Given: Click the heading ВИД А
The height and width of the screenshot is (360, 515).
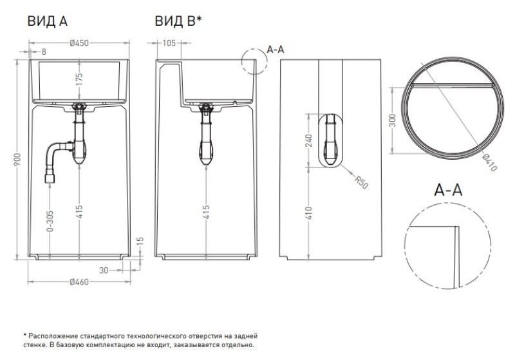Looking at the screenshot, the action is tap(47, 21).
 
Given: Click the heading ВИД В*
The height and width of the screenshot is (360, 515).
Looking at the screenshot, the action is tap(178, 21).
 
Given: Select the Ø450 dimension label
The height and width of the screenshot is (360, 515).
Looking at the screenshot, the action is tap(79, 43).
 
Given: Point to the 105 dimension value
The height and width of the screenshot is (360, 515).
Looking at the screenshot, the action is tap(169, 43).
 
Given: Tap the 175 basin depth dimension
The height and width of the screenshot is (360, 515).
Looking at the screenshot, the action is tap(79, 80).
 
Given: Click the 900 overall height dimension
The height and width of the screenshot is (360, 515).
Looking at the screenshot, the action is tap(18, 159).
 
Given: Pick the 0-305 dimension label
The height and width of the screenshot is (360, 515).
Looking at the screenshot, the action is tap(50, 221).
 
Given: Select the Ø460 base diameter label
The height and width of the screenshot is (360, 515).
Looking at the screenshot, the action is tap(79, 282).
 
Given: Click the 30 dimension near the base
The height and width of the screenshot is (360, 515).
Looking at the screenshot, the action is tap(104, 270).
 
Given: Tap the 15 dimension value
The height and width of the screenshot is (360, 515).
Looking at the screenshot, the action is tap(140, 241).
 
